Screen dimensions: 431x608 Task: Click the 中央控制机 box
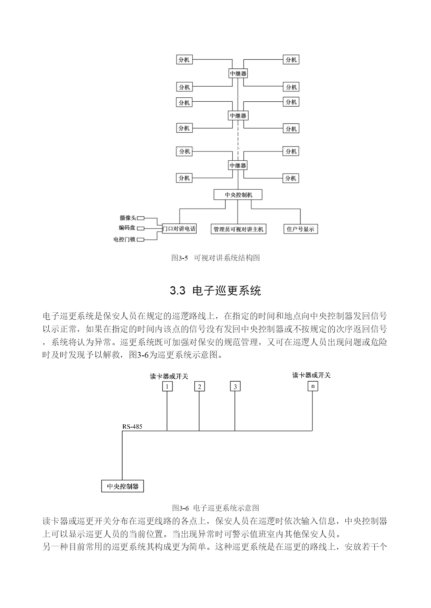coord(238,195)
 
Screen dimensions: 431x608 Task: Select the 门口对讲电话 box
coord(179,228)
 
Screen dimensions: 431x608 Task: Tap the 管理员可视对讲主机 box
coord(238,229)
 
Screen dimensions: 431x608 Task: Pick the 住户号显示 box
coord(301,229)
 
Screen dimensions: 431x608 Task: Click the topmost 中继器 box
coord(238,73)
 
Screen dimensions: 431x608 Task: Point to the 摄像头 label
coord(128,218)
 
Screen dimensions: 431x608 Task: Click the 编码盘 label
coord(127,228)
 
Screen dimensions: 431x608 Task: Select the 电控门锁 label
coord(124,239)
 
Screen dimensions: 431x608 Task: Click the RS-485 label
coord(132,427)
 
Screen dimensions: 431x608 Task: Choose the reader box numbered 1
coord(167,386)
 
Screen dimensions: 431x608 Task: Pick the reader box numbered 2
coord(199,386)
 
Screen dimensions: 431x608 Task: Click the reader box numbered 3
coord(235,386)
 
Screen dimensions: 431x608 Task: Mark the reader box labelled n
coord(313,386)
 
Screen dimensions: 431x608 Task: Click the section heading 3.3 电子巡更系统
coord(215,291)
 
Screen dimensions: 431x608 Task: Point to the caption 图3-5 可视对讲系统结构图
coord(215,258)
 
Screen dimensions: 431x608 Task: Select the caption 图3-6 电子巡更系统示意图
coord(215,507)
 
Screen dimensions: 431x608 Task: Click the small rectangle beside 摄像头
coord(141,218)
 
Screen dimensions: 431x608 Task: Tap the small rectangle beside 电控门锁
coord(141,239)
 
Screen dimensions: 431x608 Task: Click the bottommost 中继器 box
coord(238,165)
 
